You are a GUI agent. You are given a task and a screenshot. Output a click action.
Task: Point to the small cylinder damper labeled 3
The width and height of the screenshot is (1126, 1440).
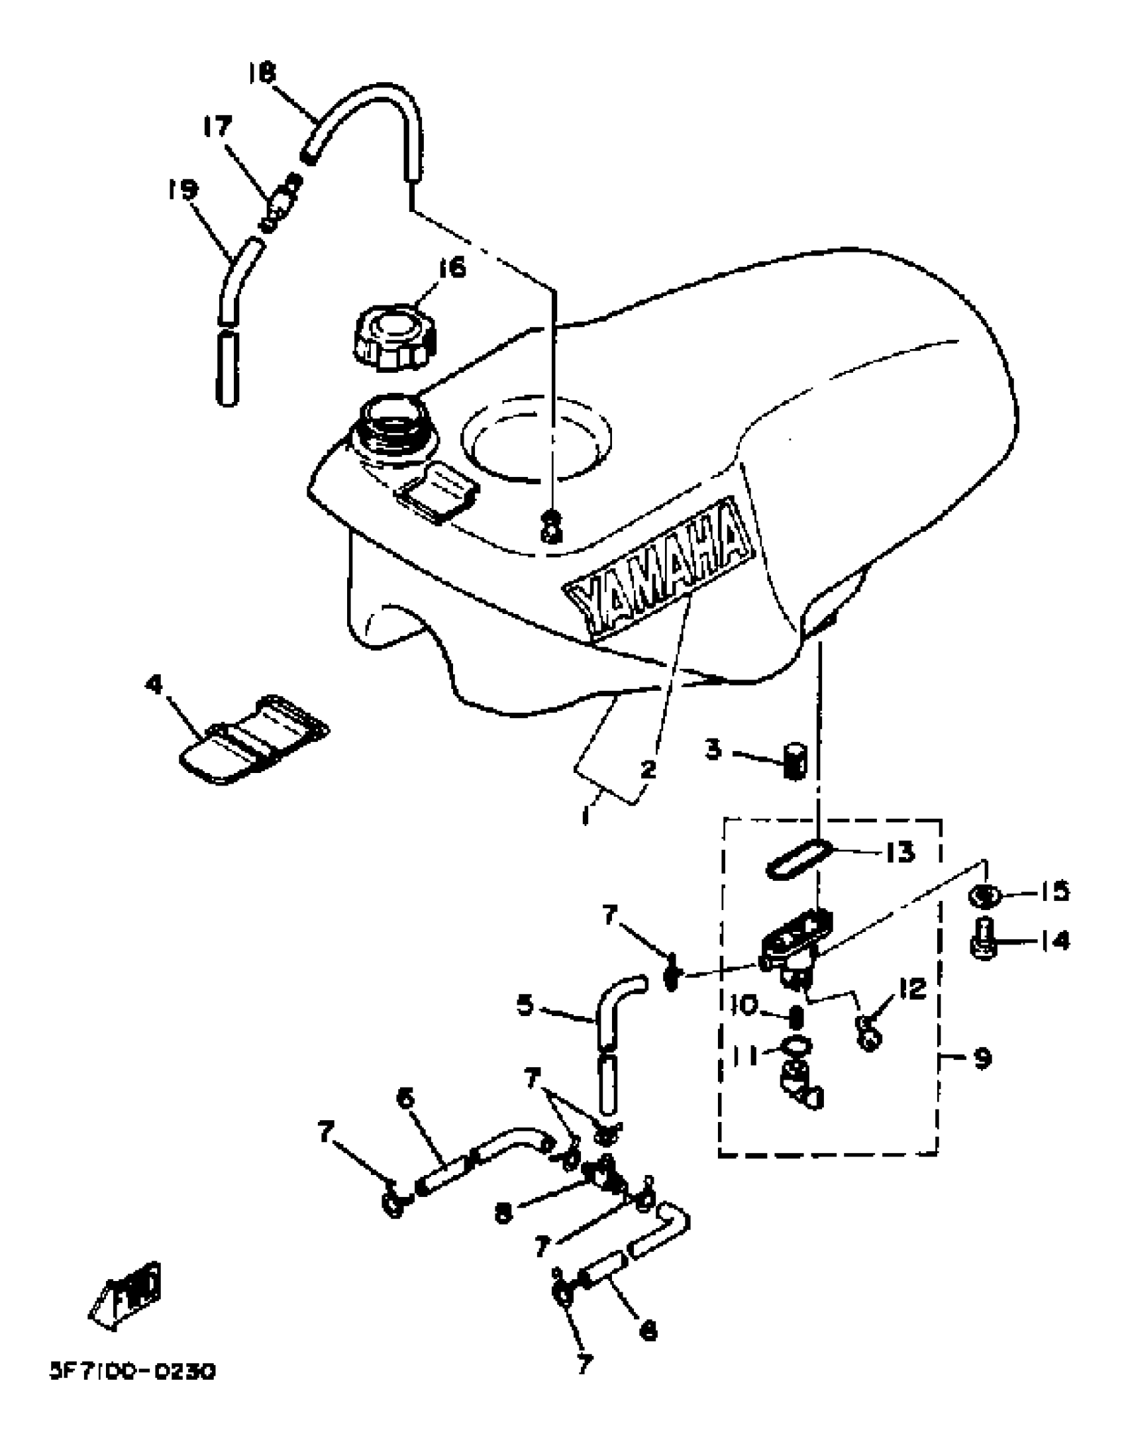coord(793,763)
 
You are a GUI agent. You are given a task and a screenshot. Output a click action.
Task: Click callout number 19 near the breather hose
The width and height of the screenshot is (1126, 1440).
coord(183,190)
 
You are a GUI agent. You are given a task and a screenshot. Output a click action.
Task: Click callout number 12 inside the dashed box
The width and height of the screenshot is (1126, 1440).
coord(913,990)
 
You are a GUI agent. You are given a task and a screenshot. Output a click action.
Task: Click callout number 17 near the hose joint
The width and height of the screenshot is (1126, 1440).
coord(218,126)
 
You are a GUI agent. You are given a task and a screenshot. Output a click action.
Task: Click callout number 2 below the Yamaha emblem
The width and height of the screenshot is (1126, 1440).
coord(648,769)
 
